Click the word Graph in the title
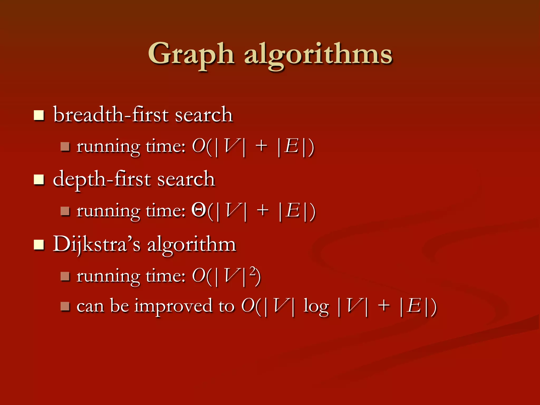tap(191, 54)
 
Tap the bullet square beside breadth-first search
tap(39, 115)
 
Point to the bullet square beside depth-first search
tap(39, 180)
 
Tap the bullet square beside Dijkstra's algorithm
tap(39, 244)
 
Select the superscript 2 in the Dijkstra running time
tap(253, 271)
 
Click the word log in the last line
tap(316, 306)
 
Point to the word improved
tap(174, 306)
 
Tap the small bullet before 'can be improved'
tap(65, 306)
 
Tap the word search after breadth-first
tap(204, 115)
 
